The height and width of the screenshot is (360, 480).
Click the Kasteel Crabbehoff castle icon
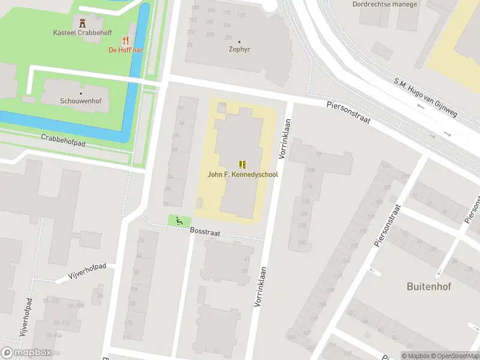tap(82, 23)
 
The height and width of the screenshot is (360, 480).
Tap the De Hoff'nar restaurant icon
tap(126, 40)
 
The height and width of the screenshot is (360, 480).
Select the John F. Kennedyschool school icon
tap(242, 164)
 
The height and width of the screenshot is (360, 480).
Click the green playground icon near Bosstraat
tap(179, 221)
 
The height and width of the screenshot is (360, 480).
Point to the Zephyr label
tap(239, 50)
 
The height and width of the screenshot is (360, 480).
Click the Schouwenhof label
tap(76, 101)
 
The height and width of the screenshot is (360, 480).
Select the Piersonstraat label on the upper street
tap(348, 112)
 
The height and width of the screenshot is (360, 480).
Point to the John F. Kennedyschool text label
tap(242, 175)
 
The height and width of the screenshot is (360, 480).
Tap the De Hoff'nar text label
tap(125, 50)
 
